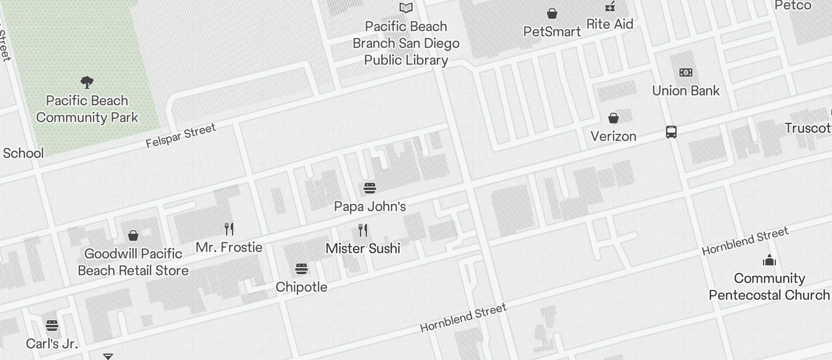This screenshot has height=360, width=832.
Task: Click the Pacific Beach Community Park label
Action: (87, 109)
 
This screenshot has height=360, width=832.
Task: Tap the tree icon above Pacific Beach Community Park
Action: (87, 82)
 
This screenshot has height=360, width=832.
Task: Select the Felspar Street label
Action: (181, 136)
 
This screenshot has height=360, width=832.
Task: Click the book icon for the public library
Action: (406, 8)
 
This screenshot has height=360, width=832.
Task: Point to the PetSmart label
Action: (552, 32)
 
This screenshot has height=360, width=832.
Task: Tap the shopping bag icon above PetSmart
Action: (552, 13)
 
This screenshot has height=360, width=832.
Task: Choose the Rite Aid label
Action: (609, 24)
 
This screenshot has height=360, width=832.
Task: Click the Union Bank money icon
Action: (686, 72)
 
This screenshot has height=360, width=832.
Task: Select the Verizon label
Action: (613, 136)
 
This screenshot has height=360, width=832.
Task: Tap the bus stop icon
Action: (671, 132)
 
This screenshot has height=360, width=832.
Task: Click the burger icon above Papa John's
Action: (370, 188)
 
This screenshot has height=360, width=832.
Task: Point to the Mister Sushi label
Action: (363, 248)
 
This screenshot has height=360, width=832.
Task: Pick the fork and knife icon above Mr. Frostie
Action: (229, 229)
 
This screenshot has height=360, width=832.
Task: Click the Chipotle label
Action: (301, 287)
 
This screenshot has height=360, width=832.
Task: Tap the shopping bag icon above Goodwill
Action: (133, 236)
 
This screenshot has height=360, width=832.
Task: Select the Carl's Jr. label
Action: (52, 343)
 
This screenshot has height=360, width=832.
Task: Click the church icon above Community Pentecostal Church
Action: (769, 260)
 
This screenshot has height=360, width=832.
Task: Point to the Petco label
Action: (792, 5)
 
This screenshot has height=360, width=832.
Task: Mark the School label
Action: (23, 153)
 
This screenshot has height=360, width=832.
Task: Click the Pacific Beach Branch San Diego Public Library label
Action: (406, 43)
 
